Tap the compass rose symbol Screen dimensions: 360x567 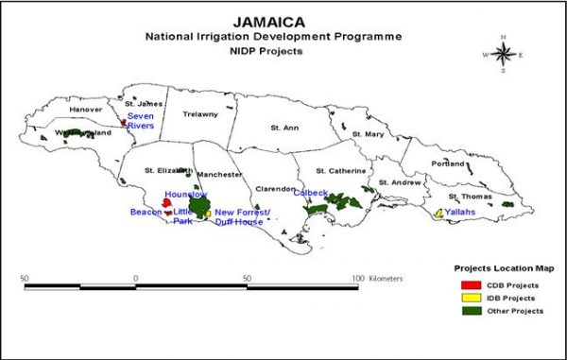coord(503,54)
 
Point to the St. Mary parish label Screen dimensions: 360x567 coord(368,134)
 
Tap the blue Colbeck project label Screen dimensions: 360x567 coord(310,192)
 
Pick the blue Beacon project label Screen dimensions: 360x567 coord(146,212)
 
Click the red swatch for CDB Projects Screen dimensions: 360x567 coord(467,283)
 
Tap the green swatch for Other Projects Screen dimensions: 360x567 coord(467,311)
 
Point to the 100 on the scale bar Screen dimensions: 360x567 coord(358,279)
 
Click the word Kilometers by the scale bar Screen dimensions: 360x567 coord(387,279)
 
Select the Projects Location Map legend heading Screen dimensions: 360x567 coord(498,267)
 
